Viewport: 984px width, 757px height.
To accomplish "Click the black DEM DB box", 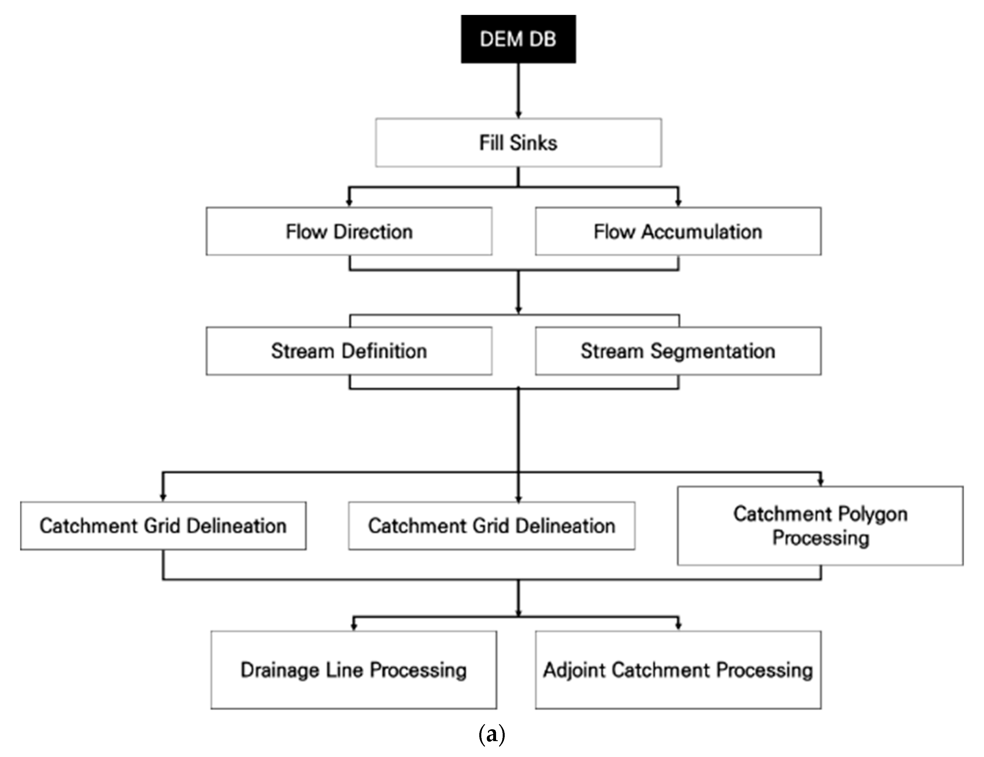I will (518, 39).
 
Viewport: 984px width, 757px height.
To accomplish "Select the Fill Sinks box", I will (518, 143).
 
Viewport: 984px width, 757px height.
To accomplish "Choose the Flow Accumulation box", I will (678, 232).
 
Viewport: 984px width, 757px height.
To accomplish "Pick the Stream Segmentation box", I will (678, 351).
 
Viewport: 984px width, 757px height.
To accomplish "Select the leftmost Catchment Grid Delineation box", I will (163, 526).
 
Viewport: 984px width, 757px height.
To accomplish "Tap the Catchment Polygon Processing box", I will (820, 526).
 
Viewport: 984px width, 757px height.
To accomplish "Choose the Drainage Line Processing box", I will (354, 670).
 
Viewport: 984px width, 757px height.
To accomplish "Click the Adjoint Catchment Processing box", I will (678, 670).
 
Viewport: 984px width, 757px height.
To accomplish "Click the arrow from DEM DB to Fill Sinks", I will (518, 90).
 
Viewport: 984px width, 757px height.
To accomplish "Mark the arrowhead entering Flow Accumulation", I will (678, 203).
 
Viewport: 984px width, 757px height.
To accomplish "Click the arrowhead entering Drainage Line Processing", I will (354, 626).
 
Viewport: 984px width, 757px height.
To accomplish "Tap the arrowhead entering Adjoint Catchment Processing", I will (678, 626).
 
